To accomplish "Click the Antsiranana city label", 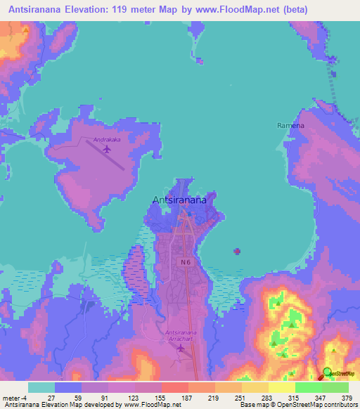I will coord(179,200).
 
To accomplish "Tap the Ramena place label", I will coord(289,125).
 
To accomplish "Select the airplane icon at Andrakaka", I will coord(107,149).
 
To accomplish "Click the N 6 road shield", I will coord(184,262).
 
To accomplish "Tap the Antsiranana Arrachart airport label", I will coord(179,335).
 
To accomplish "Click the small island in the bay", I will coord(237,250).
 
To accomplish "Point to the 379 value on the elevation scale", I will coord(347,398).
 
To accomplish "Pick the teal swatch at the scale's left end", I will coord(41,387).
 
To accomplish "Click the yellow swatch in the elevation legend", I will coord(281,387).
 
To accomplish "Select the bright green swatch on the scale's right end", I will coord(335,387).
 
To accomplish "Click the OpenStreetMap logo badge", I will coord(339,373).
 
